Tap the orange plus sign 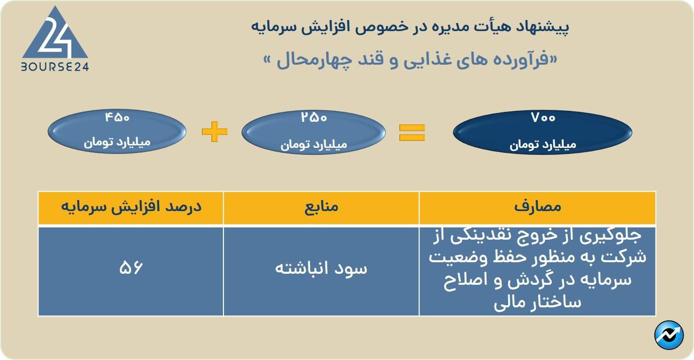(x=214, y=132)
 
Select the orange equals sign (x=412, y=132)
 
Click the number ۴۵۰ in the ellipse (x=117, y=118)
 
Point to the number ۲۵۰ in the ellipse (x=314, y=118)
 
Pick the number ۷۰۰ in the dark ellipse (x=543, y=118)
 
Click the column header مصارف (x=538, y=207)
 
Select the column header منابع (x=321, y=207)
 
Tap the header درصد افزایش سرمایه (x=131, y=207)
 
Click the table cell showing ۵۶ (x=131, y=268)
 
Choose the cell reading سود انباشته (x=321, y=268)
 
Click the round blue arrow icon (x=669, y=335)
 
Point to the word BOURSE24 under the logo (x=55, y=67)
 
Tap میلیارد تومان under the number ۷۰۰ (x=543, y=145)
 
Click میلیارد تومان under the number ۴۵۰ (x=117, y=142)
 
